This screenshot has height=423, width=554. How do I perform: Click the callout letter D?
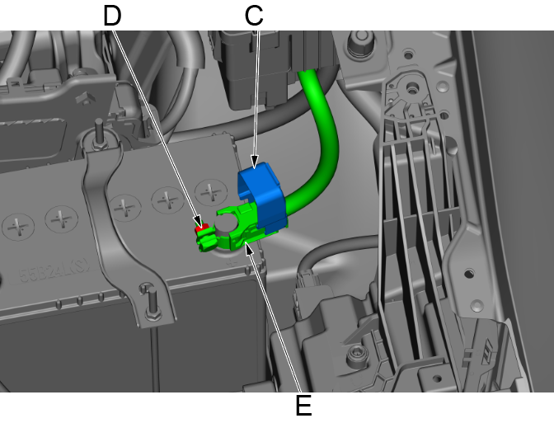click(x=112, y=16)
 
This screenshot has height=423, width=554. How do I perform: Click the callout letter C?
click(x=254, y=16)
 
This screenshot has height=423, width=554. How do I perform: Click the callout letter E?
click(x=303, y=406)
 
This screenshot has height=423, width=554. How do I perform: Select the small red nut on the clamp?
click(x=200, y=228)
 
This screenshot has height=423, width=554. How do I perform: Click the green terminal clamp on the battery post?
click(x=233, y=230)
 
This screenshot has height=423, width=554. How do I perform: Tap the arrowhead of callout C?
click(x=255, y=162)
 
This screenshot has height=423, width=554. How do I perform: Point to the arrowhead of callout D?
click(x=198, y=222)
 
